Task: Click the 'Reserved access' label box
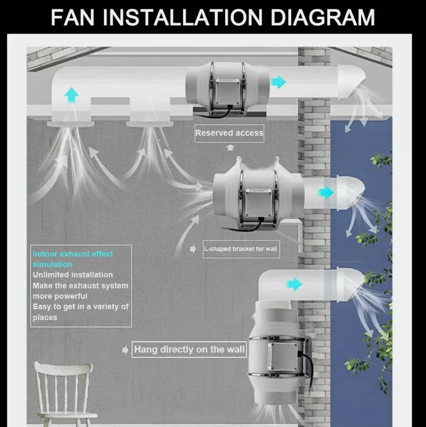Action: [229, 133]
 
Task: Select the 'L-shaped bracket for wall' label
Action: [241, 249]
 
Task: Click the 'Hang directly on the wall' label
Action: [189, 350]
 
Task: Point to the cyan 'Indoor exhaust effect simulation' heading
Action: [73, 259]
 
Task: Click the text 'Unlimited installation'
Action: [73, 275]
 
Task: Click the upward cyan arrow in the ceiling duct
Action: [71, 95]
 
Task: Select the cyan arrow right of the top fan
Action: [278, 82]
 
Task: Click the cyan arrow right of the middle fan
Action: [326, 193]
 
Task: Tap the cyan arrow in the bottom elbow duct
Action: [294, 284]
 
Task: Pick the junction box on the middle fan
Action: [256, 200]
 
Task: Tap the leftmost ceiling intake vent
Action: [71, 123]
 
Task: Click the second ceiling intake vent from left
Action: [149, 123]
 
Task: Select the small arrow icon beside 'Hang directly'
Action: [125, 350]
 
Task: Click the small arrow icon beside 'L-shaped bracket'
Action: [193, 249]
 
